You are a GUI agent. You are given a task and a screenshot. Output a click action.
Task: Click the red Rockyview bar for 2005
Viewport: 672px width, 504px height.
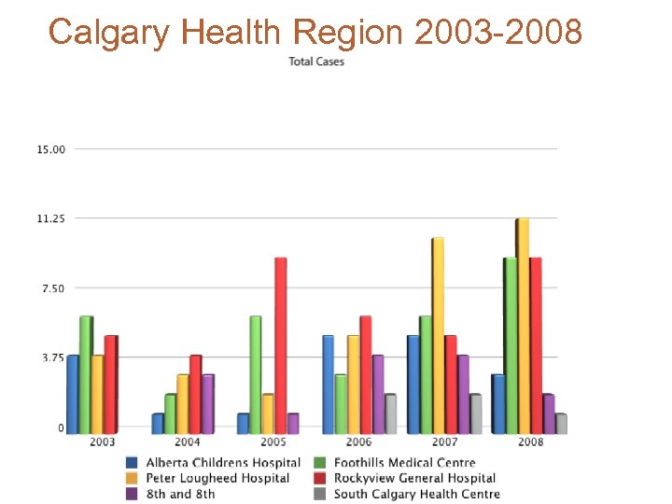(280, 345)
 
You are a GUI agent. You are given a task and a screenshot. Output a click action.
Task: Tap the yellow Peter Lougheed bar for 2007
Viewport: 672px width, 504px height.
(438, 336)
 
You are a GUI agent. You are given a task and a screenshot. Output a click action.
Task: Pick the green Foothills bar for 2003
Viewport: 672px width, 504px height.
(86, 374)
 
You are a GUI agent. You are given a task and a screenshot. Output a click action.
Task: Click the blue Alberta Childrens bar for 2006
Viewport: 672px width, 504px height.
(328, 384)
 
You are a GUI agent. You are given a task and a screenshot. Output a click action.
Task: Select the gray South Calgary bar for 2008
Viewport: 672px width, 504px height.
(561, 423)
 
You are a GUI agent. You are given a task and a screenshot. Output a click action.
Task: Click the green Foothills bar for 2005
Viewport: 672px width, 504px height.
(256, 374)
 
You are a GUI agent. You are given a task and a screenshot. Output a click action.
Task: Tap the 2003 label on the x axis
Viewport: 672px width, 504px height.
(103, 441)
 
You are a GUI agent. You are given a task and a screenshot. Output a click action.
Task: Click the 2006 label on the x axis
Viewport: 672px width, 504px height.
(358, 441)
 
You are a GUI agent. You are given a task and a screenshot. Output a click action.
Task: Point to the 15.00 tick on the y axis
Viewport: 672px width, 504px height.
(51, 149)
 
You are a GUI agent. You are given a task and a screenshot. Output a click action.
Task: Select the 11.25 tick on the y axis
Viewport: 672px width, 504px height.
(51, 218)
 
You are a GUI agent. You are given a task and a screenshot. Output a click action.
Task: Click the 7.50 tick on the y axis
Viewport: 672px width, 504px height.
(53, 288)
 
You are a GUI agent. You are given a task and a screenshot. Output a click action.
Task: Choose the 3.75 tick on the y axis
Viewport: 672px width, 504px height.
(53, 357)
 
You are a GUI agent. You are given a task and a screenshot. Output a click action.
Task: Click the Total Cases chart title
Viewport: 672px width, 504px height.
(316, 62)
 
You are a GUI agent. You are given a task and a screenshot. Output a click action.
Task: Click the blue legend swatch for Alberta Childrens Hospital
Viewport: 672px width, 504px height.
(133, 463)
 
